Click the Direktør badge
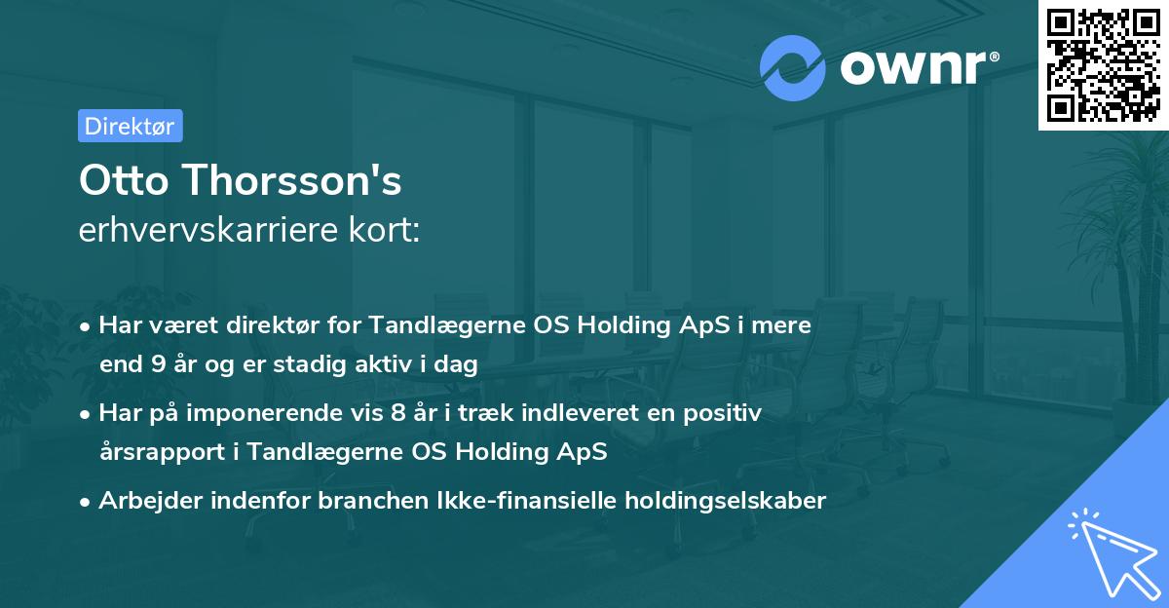(x=130, y=126)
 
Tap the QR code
(x=1103, y=64)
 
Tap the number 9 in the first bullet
(x=158, y=365)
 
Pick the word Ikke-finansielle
(x=542, y=501)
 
